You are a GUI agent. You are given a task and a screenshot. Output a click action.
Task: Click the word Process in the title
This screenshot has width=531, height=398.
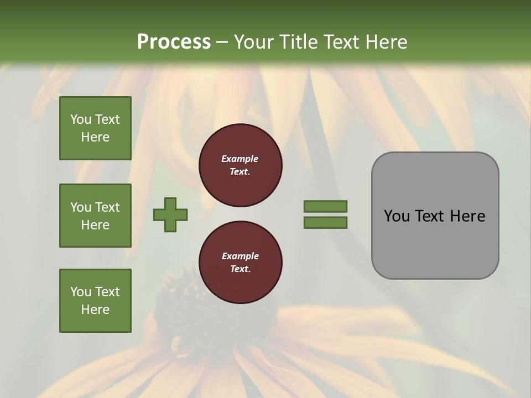pyautogui.click(x=174, y=42)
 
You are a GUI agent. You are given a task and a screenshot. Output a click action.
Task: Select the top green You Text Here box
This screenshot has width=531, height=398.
pyautogui.click(x=95, y=128)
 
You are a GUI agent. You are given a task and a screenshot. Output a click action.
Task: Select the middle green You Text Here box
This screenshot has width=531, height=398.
pyautogui.click(x=95, y=216)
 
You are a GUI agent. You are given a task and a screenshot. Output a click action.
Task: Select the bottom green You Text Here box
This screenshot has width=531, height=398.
pyautogui.click(x=95, y=301)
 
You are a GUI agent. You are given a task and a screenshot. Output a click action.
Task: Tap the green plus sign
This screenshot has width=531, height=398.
pyautogui.click(x=170, y=214)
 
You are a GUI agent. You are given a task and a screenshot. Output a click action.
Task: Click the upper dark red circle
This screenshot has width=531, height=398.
pyautogui.click(x=241, y=165)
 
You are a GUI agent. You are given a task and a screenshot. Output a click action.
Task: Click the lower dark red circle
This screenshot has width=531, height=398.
pyautogui.click(x=241, y=263)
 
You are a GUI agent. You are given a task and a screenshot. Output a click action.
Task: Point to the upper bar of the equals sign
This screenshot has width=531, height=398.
pyautogui.click(x=325, y=207)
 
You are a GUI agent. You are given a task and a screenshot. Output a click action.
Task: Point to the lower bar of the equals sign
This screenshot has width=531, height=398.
pyautogui.click(x=325, y=223)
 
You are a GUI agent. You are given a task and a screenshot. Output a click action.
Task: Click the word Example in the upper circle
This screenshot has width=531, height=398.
pyautogui.click(x=240, y=159)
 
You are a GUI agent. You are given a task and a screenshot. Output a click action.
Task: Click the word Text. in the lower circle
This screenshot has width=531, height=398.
pyautogui.click(x=240, y=269)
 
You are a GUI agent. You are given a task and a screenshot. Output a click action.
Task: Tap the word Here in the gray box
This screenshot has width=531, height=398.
pyautogui.click(x=467, y=216)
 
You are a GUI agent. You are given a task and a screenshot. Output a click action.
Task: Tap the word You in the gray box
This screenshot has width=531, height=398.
pyautogui.click(x=396, y=216)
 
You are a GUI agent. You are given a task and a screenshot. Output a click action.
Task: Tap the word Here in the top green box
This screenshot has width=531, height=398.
pyautogui.click(x=95, y=137)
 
